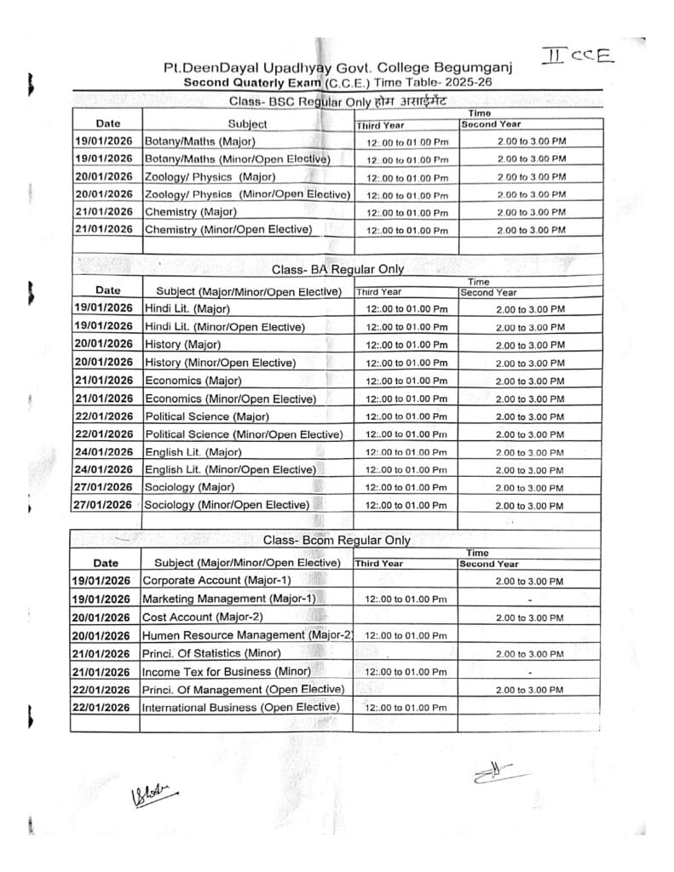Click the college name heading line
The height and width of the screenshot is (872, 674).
click(337, 69)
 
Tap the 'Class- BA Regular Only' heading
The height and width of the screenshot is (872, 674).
click(337, 269)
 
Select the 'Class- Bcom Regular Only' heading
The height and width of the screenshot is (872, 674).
click(336, 540)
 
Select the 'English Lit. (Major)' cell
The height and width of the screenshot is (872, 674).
click(193, 451)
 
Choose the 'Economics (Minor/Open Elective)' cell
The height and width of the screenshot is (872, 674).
click(230, 399)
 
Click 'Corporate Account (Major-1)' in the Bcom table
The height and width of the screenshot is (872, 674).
click(216, 581)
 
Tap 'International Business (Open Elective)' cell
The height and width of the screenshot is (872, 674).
click(240, 707)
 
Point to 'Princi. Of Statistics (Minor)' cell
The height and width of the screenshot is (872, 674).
click(214, 653)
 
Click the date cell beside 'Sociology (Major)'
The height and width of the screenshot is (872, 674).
click(105, 487)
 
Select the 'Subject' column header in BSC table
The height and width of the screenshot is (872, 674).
click(247, 124)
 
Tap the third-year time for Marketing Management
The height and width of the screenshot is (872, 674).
click(405, 599)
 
